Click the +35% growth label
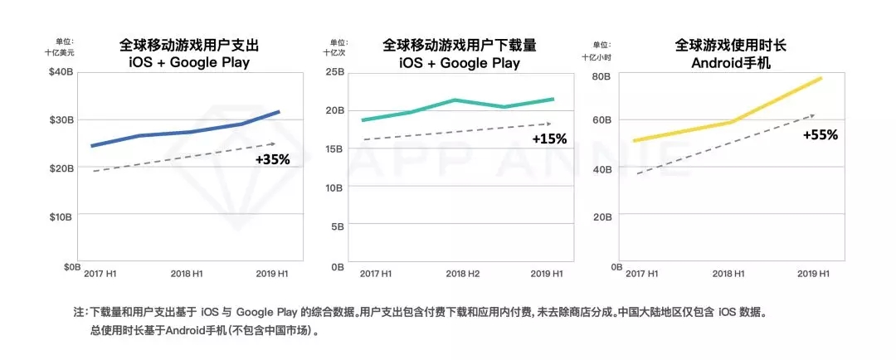click(273, 159)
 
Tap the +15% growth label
click(549, 139)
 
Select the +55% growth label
click(821, 134)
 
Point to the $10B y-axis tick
click(61, 217)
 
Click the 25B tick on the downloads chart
click(334, 72)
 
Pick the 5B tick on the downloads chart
click(338, 226)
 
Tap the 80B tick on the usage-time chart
click(601, 77)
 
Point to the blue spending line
click(183, 133)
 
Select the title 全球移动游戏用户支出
click(190, 45)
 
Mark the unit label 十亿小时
click(597, 57)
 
